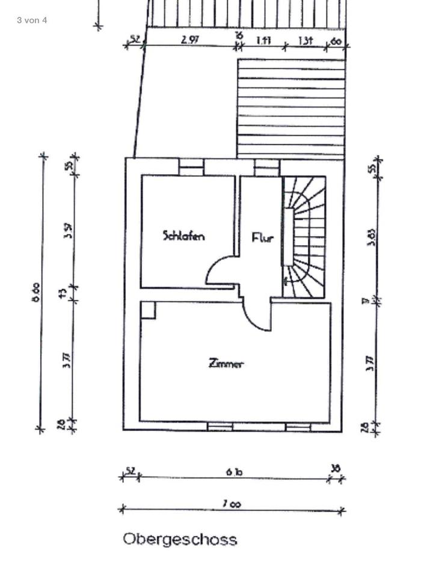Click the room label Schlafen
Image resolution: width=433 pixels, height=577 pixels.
183,236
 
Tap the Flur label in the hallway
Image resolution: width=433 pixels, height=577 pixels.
262,237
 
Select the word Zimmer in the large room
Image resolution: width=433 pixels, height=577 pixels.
226,364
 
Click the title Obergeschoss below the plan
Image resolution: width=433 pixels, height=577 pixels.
180,539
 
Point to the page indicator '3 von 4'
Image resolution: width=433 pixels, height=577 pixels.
32,20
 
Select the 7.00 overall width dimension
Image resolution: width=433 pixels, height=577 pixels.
232,504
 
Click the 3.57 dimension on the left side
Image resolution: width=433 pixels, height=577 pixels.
68,230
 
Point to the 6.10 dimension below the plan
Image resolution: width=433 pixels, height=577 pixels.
234,472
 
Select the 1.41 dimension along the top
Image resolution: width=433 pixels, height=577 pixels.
263,40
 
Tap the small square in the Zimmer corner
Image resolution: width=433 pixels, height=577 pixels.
148,310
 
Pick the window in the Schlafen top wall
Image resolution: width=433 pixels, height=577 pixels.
191,166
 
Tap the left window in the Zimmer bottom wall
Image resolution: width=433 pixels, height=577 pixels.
220,427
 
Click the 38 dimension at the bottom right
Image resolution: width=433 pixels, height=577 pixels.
336,468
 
